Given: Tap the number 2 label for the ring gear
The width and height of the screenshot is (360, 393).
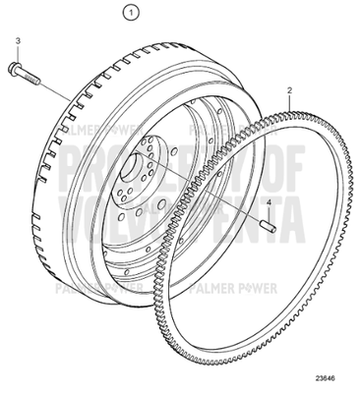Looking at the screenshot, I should click(288, 91).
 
